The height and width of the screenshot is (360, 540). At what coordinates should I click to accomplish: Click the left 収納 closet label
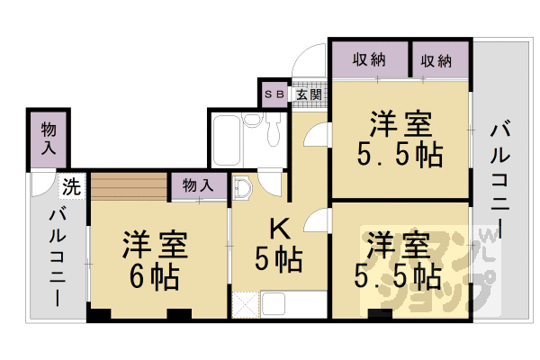(369, 61)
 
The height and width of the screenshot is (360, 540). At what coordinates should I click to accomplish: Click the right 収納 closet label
(436, 61)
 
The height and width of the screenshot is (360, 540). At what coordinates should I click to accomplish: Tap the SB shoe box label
(273, 94)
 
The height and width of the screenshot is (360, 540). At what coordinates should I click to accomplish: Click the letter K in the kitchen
(277, 230)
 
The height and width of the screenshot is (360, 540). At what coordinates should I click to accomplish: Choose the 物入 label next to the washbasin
(199, 185)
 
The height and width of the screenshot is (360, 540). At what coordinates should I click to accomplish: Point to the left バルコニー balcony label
(56, 256)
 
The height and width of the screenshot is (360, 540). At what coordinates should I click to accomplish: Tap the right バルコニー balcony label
(498, 180)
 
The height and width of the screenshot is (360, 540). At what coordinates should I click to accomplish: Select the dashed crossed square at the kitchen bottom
(243, 304)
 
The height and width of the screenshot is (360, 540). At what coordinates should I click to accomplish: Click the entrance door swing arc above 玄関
(308, 65)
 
